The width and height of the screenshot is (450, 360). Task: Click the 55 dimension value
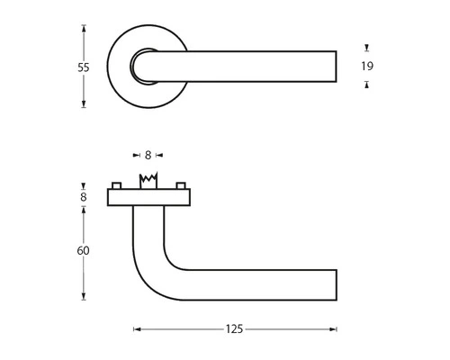83,67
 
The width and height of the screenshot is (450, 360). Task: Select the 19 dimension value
367,66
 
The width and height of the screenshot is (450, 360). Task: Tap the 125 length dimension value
235,329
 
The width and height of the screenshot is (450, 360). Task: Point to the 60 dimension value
83,252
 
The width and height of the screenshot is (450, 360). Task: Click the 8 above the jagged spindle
148,154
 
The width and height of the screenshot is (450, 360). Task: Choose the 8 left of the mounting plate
83,195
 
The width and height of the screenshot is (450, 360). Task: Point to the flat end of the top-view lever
336,67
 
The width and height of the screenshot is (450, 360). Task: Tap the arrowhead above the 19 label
366,47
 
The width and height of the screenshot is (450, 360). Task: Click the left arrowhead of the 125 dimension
137,329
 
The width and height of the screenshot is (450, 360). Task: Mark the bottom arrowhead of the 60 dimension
83,298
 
